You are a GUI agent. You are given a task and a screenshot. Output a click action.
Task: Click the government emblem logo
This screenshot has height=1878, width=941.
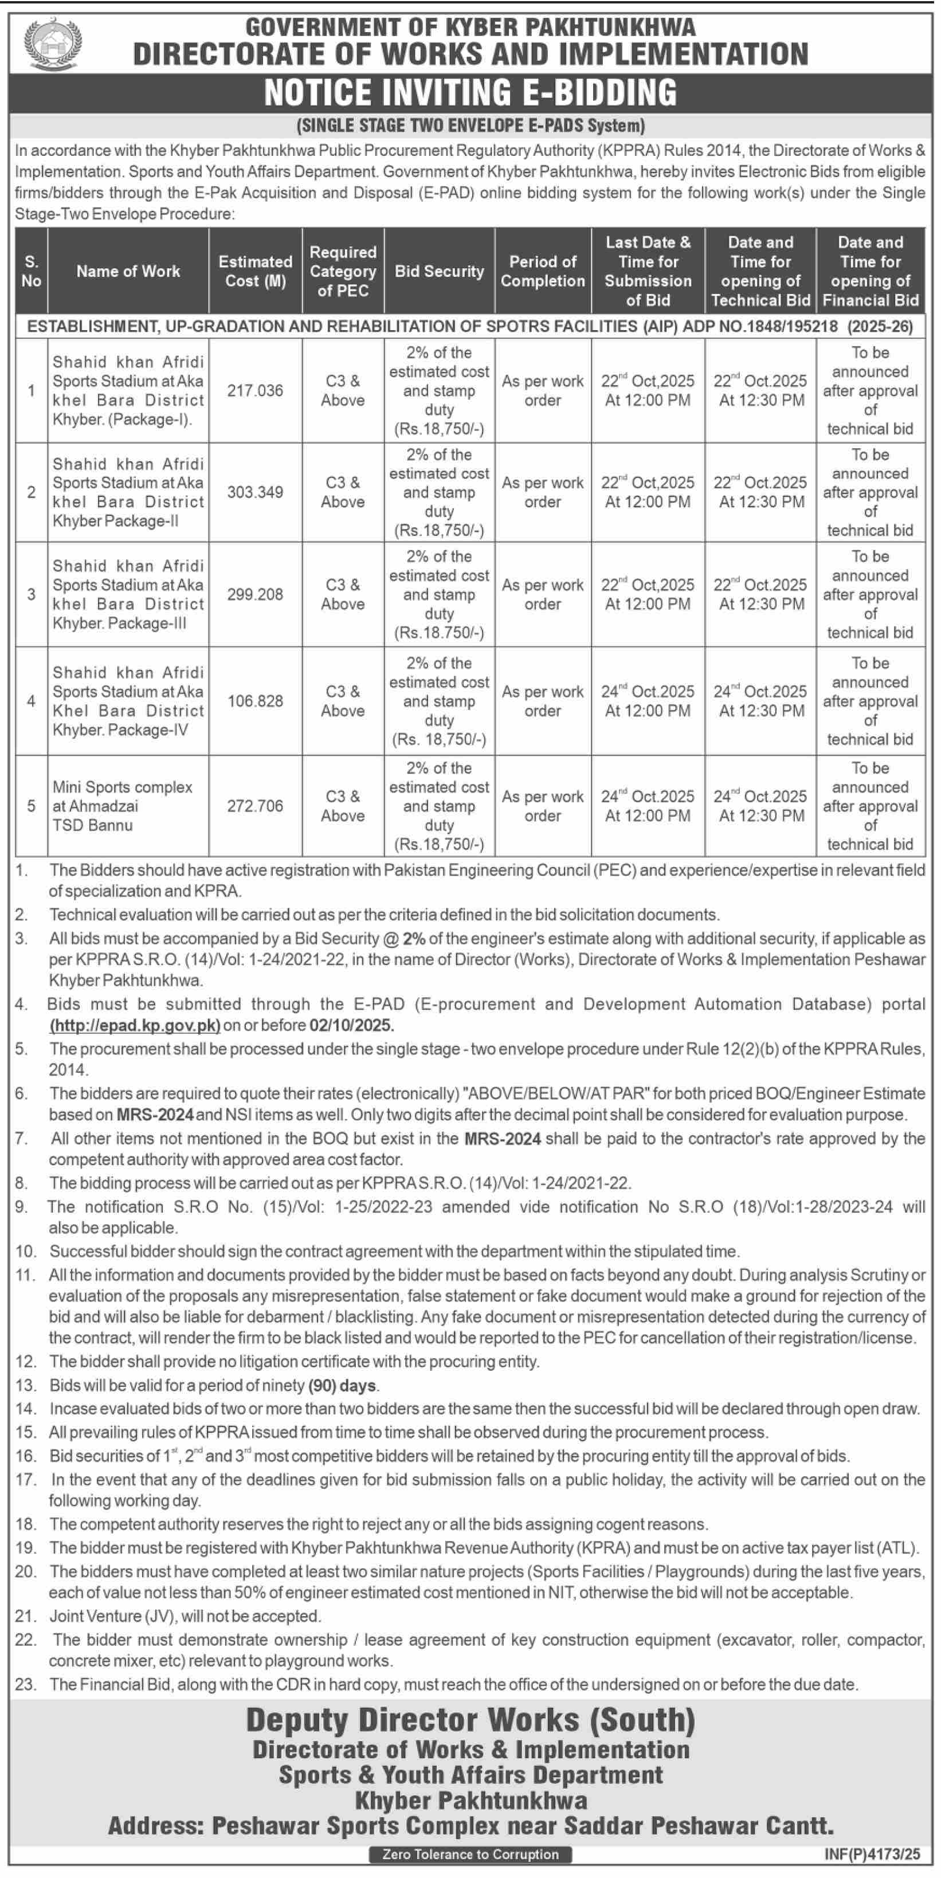click(x=53, y=42)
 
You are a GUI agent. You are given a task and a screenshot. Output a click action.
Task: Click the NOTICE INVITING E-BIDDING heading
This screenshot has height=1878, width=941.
click(x=470, y=93)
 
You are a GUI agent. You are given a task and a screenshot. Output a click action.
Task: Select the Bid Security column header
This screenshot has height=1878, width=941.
click(x=439, y=271)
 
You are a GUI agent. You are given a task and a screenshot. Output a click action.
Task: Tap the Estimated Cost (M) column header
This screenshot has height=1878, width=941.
click(x=255, y=271)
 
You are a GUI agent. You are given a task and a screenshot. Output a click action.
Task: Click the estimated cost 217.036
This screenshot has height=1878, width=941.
click(x=255, y=391)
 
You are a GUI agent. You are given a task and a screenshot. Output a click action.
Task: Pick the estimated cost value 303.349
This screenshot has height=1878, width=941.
click(x=255, y=492)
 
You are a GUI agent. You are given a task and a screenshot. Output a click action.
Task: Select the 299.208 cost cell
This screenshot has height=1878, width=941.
click(x=255, y=595)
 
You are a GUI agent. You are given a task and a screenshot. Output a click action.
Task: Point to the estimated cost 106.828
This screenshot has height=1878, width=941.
click(x=255, y=701)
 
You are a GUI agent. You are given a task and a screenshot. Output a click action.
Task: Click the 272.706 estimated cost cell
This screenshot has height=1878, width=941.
click(x=255, y=806)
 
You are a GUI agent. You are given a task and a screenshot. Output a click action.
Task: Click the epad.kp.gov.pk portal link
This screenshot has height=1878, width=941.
click(x=135, y=1026)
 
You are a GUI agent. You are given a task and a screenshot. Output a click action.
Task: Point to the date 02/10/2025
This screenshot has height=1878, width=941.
click(x=351, y=1026)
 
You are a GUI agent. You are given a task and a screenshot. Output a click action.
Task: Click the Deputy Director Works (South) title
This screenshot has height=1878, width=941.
click(x=470, y=1720)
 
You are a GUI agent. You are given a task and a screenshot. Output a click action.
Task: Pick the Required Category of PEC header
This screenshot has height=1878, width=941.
click(x=343, y=271)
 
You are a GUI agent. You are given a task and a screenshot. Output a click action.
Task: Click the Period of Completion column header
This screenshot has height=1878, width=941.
click(x=542, y=271)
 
